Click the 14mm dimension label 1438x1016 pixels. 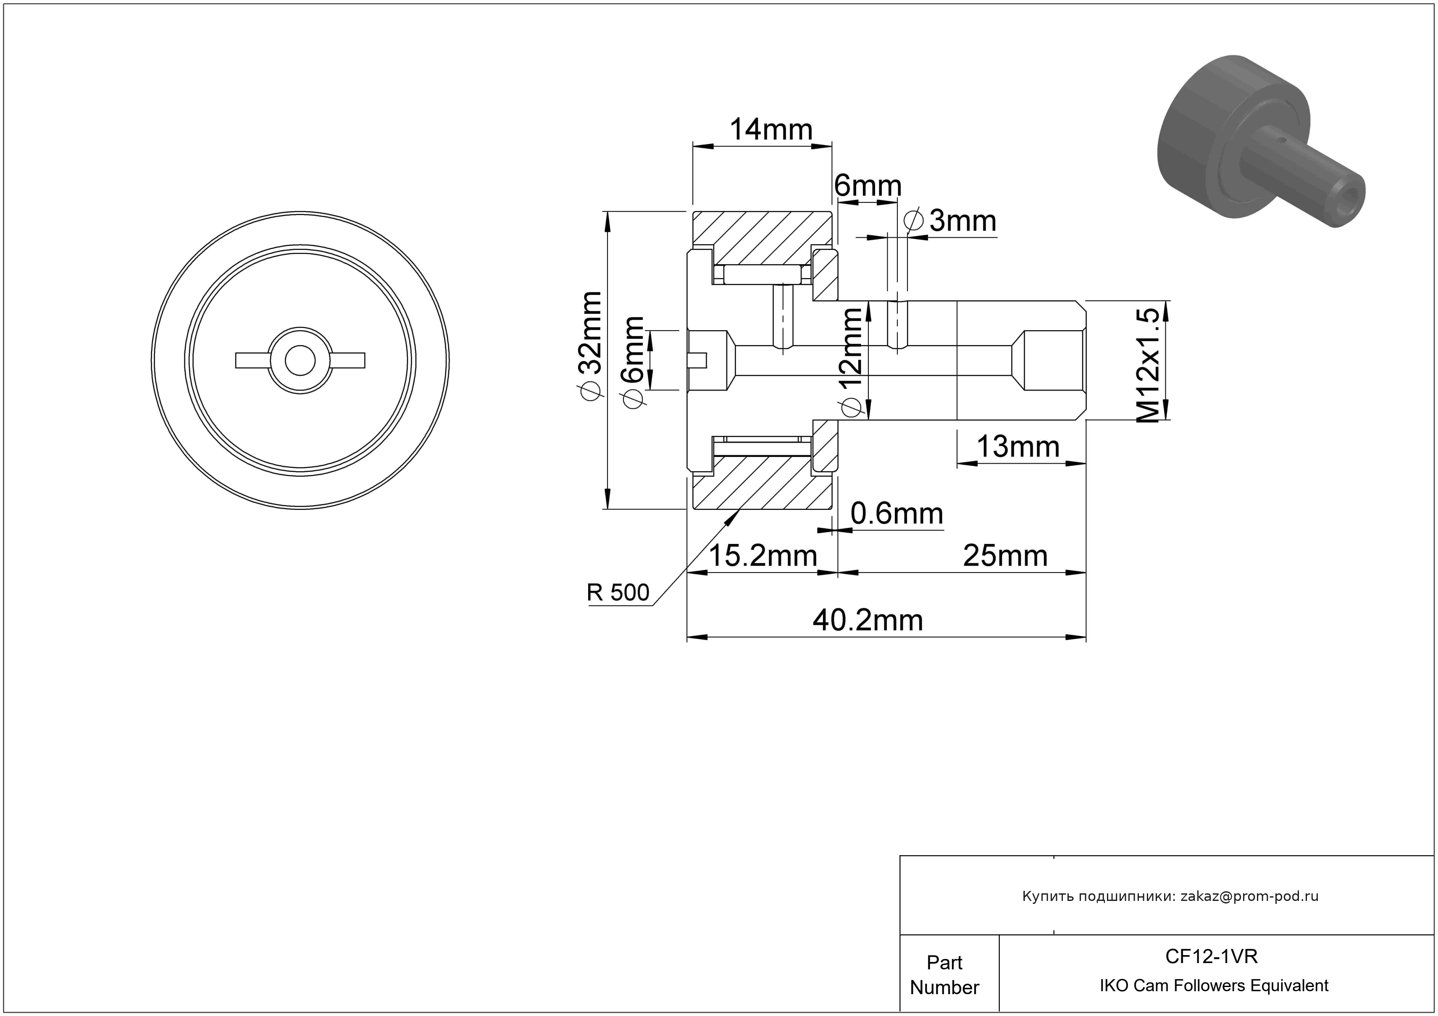coord(771,130)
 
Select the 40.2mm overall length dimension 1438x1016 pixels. coord(868,620)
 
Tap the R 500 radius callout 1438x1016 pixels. coord(618,592)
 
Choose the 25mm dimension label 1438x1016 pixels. coord(1005,556)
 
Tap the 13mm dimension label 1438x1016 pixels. coord(1018,447)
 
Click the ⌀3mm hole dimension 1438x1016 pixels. coord(951,221)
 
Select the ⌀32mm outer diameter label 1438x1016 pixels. coord(589,345)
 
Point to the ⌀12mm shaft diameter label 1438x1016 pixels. coord(852,362)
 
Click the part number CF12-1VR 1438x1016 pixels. coord(1211,956)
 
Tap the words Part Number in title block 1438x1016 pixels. coord(944,975)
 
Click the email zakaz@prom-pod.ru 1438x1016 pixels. coord(1249,896)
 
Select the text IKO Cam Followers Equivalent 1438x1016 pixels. coord(1214,986)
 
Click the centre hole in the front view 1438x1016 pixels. coord(300,360)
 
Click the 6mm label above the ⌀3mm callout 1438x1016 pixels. coord(868,186)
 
